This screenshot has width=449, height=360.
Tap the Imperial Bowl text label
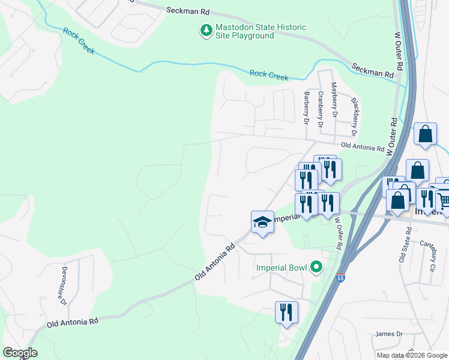282,268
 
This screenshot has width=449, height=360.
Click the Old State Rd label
402,249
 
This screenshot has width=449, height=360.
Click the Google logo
20,353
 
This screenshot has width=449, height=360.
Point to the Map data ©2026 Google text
412,355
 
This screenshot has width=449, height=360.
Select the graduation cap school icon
262,222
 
